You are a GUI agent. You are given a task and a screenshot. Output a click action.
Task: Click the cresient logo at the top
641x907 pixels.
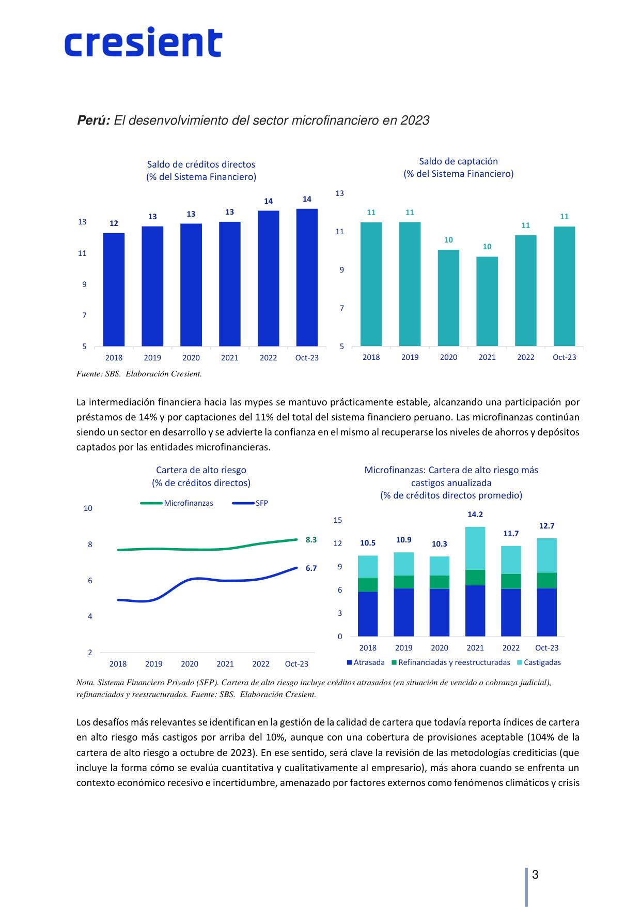143,42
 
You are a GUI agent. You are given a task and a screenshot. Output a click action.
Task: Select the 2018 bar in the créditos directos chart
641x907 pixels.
114,290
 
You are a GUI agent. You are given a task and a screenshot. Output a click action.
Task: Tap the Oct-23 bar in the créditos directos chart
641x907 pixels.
307,278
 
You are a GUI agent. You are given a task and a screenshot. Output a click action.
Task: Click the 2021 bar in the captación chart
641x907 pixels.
487,301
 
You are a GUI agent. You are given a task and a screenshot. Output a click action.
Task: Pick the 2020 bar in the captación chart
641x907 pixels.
448,298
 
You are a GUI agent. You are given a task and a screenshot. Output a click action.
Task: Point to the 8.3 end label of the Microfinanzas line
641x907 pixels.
311,540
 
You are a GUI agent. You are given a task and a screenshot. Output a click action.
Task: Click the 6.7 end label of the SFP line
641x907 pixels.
311,568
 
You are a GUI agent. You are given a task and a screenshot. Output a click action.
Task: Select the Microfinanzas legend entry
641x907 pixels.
177,503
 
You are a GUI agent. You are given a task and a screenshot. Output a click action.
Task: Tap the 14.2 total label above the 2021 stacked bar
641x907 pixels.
475,515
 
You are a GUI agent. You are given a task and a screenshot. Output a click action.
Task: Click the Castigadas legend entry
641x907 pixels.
539,662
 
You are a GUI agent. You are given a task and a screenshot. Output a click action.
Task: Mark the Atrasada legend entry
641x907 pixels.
366,662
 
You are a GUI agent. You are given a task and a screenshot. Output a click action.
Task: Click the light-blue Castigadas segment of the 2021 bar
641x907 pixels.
475,548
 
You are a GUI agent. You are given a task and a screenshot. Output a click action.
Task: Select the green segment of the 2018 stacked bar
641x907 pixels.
368,585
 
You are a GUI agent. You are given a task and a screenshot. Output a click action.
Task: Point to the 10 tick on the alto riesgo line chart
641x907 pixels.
88,508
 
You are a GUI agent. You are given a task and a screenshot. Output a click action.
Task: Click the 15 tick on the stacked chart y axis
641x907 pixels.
338,520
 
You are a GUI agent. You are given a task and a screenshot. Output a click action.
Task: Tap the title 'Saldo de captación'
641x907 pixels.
459,161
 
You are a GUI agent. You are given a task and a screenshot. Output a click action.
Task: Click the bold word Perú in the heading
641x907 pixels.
93,120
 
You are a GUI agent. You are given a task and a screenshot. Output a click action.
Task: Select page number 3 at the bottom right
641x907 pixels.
535,875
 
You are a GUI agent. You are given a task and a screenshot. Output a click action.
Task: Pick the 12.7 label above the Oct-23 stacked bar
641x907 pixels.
547,526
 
